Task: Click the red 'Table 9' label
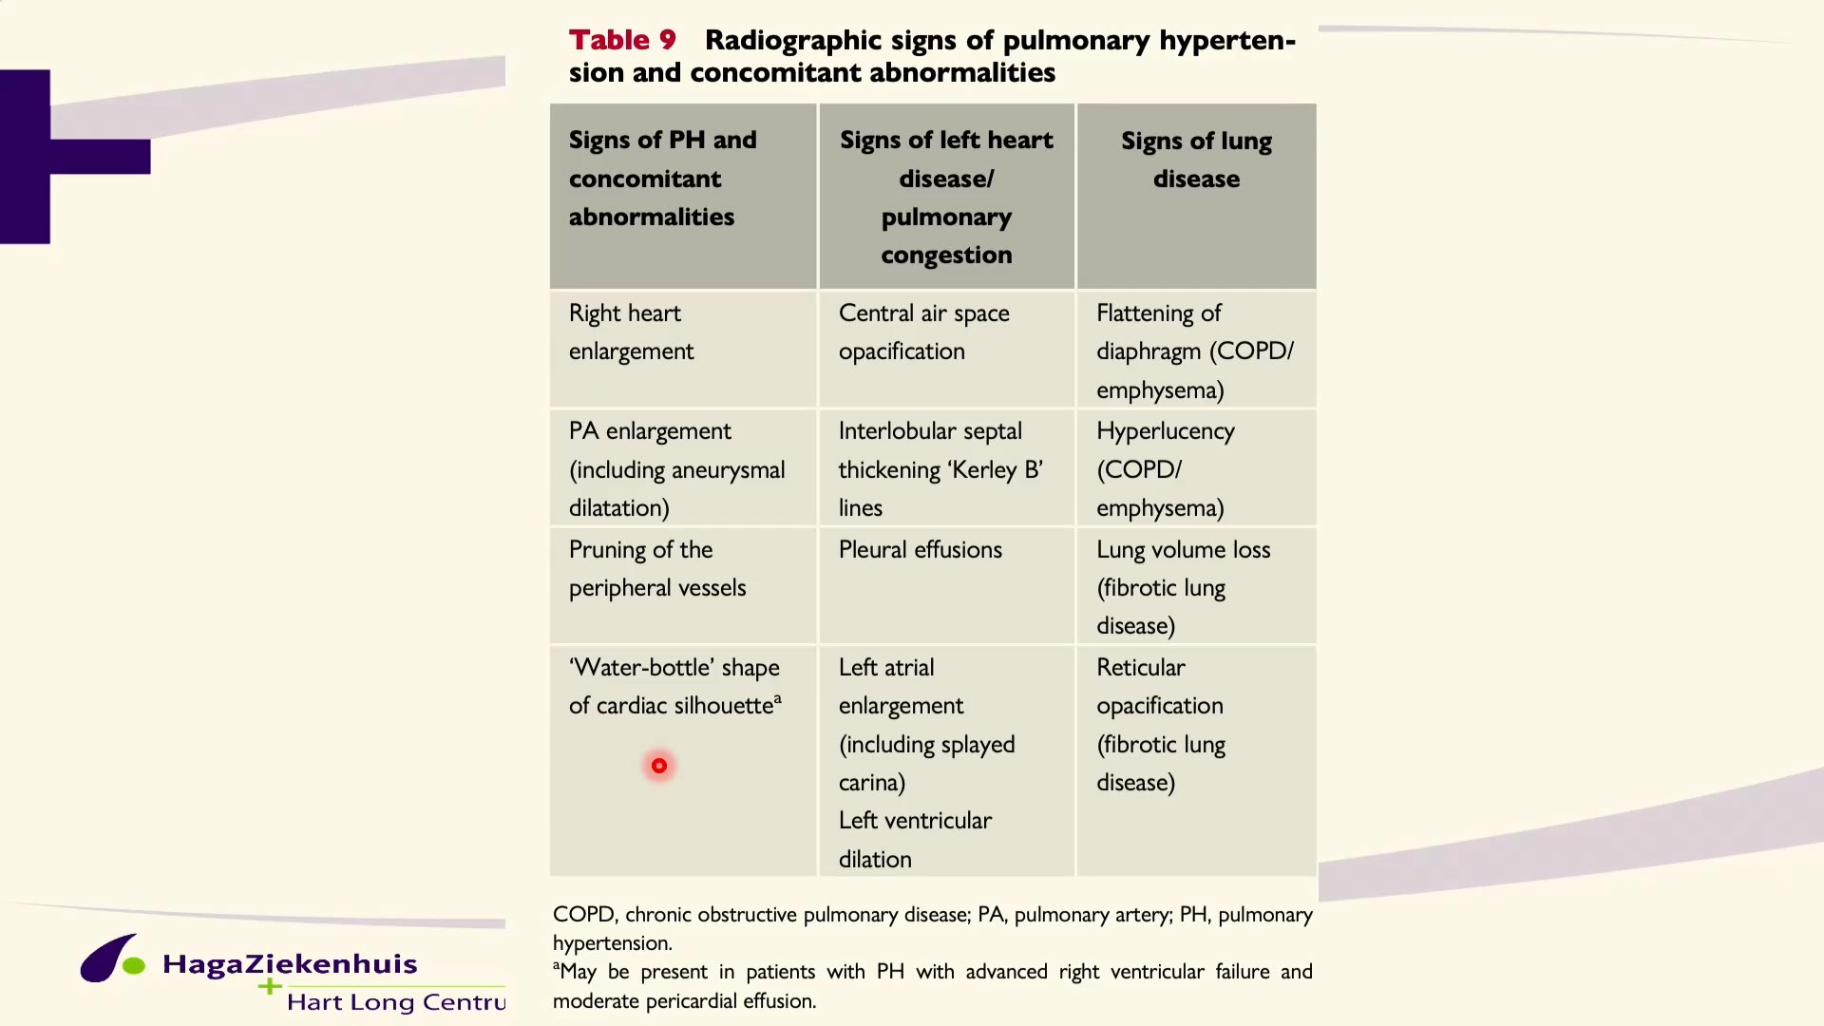click(x=622, y=40)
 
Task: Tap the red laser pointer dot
click(x=659, y=766)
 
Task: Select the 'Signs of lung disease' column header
click(x=1196, y=160)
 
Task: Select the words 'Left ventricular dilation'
click(x=915, y=840)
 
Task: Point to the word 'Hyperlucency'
click(x=1166, y=432)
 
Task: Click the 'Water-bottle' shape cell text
click(x=674, y=687)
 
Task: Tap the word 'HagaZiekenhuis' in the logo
click(x=290, y=964)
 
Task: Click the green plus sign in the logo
click(x=270, y=987)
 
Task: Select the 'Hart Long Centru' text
click(x=396, y=1002)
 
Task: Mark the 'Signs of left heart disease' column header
click(x=946, y=198)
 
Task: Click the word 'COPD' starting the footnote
click(x=584, y=915)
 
